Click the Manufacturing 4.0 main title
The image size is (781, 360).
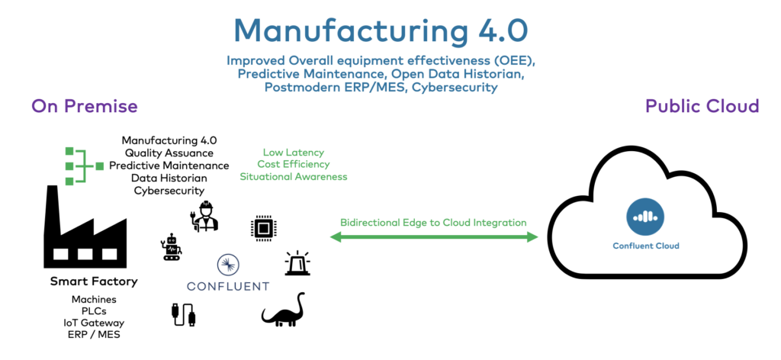coord(381,30)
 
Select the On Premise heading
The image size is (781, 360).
coord(84,106)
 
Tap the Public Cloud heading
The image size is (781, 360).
coord(702,106)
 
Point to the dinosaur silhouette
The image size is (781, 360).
coord(283,309)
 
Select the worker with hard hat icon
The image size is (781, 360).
coord(204,217)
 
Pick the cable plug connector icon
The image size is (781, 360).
coord(183,313)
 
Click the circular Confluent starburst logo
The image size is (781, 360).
coord(228,265)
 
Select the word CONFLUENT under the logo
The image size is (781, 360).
coord(228,287)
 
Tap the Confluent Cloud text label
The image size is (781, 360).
coord(645,246)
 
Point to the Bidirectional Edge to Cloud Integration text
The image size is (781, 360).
coord(433,223)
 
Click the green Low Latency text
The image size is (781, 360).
coord(293,153)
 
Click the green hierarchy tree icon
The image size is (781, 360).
coord(82,165)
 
